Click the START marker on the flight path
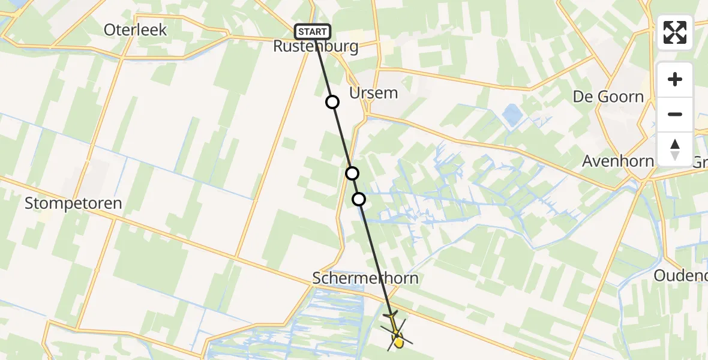tap(312, 31)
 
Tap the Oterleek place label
tap(135, 30)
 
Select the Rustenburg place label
tap(316, 47)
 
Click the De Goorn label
tap(608, 97)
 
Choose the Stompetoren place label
tap(73, 203)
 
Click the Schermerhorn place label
tap(365, 278)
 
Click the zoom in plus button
tap(675, 79)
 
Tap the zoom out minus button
tap(675, 114)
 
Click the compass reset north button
tap(675, 149)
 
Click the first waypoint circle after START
tap(332, 102)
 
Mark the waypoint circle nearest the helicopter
tap(359, 199)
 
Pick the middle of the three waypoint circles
tap(352, 173)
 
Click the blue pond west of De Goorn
tap(512, 114)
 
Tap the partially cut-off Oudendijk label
tap(680, 276)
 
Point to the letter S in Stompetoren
tap(29, 204)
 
